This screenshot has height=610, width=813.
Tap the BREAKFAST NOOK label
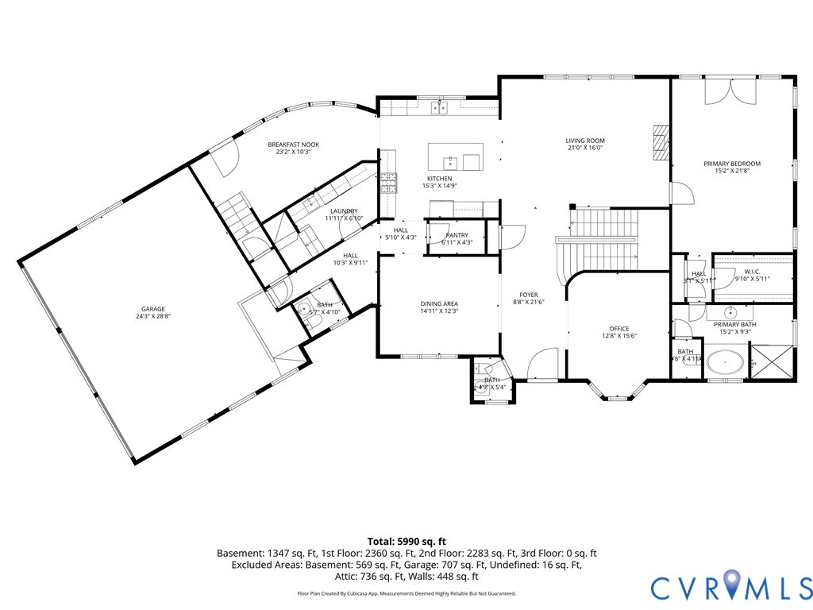[293, 145]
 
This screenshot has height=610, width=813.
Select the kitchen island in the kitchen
[455, 156]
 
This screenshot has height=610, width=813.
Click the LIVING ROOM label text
[585, 141]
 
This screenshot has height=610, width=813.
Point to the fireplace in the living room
[661, 142]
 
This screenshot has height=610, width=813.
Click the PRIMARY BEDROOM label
[731, 164]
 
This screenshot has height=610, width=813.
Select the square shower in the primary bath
[772, 361]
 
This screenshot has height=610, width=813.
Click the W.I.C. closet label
[753, 272]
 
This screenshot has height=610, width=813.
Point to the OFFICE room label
[618, 329]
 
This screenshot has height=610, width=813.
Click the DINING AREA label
[439, 303]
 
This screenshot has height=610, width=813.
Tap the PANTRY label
[457, 235]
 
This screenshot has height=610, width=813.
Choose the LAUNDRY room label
[344, 211]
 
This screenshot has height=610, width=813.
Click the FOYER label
[529, 295]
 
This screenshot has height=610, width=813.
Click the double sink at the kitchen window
[439, 107]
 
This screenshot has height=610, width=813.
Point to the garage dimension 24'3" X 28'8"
[153, 316]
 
